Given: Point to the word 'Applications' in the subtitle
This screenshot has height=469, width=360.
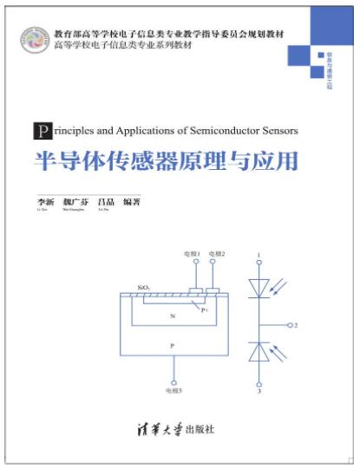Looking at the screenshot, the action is (142, 131).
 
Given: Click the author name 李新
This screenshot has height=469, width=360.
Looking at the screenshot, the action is (43, 201).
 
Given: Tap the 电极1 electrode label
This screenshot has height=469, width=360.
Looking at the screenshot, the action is (192, 254).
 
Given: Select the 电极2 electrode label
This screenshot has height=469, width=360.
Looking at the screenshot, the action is (217, 254).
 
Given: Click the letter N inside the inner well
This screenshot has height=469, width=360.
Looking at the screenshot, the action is (173, 316).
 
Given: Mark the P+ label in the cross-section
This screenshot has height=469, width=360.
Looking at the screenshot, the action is (204, 309).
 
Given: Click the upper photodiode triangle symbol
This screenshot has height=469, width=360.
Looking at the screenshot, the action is (259, 287).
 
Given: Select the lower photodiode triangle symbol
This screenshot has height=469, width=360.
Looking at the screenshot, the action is (259, 351).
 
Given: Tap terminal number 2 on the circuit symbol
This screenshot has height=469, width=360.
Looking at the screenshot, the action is (296, 325).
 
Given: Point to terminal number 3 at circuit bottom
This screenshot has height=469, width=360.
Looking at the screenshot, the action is (259, 392).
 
